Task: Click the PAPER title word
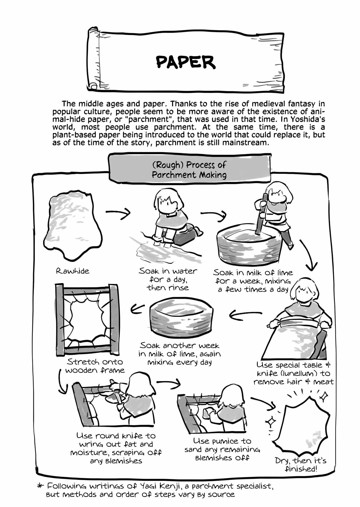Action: pos(186,63)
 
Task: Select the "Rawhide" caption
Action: pos(73,271)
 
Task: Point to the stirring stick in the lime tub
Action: pos(261,214)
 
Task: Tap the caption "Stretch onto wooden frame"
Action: pos(95,366)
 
